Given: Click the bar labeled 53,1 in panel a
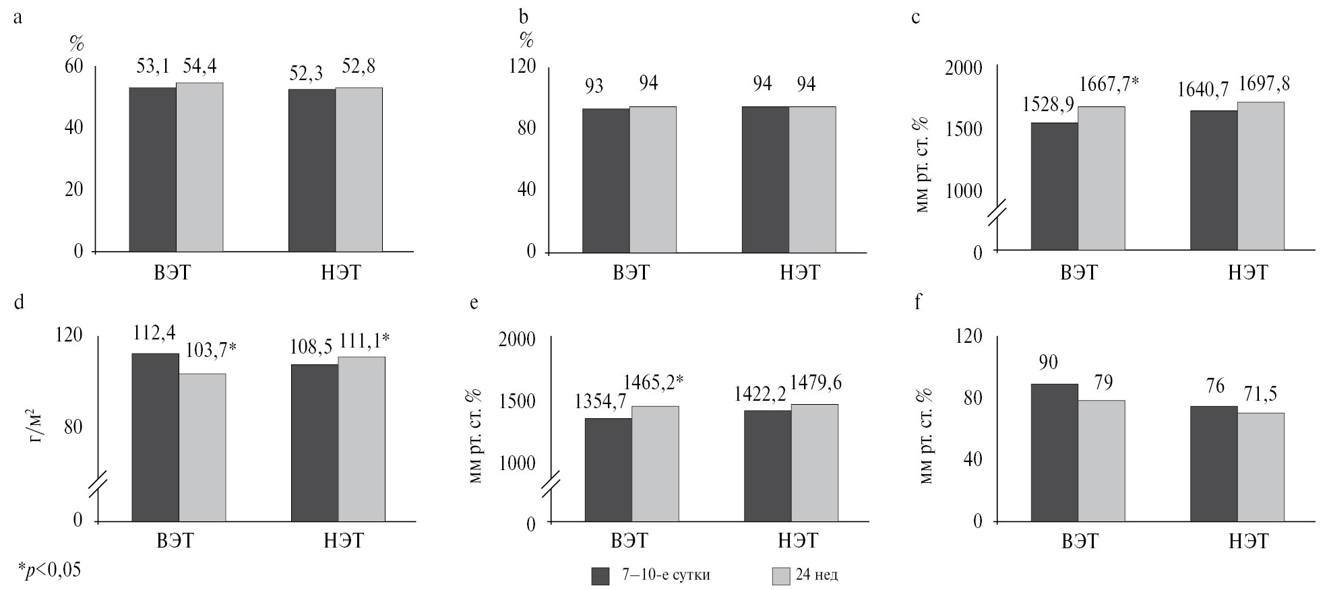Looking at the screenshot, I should [152, 170].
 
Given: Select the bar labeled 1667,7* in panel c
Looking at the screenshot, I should [1101, 178].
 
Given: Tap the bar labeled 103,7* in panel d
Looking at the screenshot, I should [202, 448].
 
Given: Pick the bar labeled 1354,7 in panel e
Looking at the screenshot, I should [608, 470].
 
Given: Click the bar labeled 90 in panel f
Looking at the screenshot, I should [1054, 453].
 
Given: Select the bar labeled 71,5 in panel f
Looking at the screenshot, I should [1260, 467].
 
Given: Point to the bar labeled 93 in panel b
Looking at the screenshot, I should [605, 181].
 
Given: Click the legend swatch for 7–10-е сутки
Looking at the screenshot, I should [600, 577].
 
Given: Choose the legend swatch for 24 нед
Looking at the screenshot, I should [780, 577].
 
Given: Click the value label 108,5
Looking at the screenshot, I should [311, 348].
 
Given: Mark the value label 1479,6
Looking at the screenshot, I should [815, 383].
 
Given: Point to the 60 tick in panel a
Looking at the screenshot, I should [73, 67].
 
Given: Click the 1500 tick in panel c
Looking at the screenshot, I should [963, 129].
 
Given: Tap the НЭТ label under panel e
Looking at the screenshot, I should [797, 540].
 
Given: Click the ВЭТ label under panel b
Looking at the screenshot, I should [631, 273].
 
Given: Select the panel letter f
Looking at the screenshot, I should [918, 302].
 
